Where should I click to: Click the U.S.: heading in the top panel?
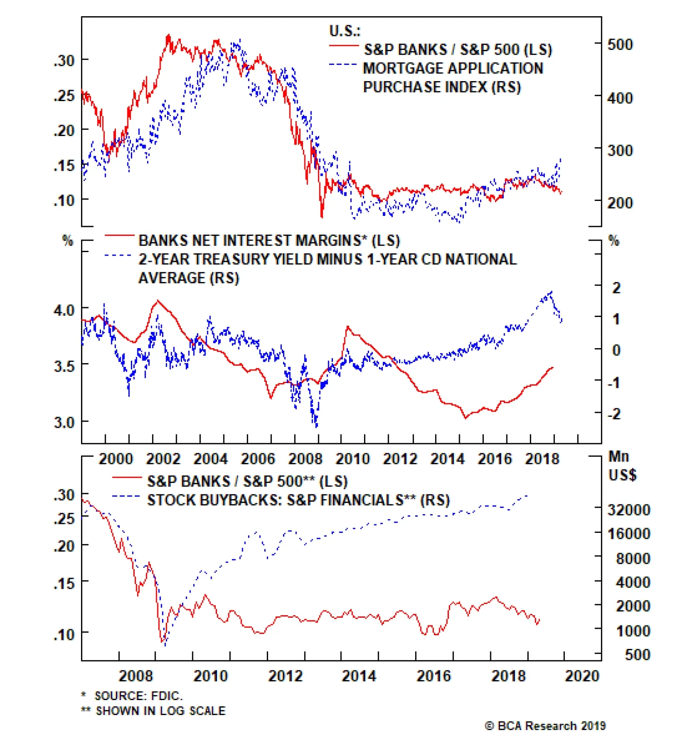(x=344, y=31)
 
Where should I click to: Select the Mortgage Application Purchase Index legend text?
(x=453, y=77)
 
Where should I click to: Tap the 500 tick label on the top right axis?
(x=620, y=44)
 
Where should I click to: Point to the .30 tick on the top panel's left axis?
(x=64, y=60)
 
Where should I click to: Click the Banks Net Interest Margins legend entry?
(x=269, y=241)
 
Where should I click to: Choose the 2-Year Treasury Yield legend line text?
(x=327, y=259)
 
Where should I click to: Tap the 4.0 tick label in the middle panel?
(x=64, y=310)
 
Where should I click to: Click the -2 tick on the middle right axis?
(x=614, y=413)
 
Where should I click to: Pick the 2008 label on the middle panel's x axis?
(x=305, y=459)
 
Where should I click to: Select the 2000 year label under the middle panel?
(x=116, y=459)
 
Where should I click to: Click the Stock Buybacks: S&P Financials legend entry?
(x=298, y=500)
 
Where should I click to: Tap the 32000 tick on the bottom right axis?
(x=629, y=510)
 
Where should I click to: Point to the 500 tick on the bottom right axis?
(x=637, y=655)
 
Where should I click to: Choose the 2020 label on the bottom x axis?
(x=582, y=676)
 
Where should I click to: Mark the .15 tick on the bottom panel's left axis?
(x=64, y=583)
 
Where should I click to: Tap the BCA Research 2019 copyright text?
(x=545, y=726)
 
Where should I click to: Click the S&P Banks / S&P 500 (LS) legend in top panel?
(x=458, y=49)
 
